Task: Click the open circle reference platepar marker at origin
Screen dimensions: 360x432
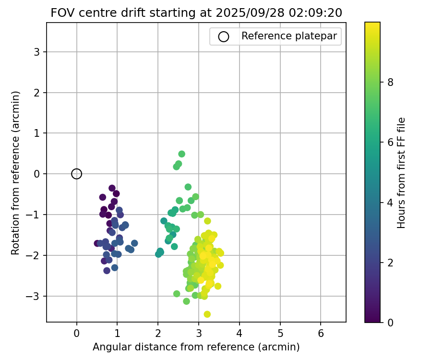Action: [x=77, y=174]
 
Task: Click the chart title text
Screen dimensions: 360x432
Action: [x=196, y=13]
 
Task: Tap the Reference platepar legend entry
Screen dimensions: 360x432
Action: [x=275, y=36]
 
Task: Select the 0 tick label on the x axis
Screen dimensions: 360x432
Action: [x=77, y=333]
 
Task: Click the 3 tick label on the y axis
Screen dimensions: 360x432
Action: [x=36, y=52]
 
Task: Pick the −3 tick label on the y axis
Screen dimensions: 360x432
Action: [x=34, y=296]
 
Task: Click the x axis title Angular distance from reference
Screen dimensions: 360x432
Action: [x=196, y=347]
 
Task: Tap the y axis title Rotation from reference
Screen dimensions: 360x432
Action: [x=16, y=173]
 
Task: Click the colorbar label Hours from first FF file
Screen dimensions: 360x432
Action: [x=402, y=173]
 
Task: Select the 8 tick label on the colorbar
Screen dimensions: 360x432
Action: [x=390, y=82]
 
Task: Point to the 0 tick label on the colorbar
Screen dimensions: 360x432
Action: [x=390, y=322]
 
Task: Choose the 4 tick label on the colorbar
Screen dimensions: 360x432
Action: [x=390, y=202]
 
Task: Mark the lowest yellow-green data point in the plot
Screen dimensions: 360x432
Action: [x=207, y=314]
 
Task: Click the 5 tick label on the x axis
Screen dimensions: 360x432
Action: [x=280, y=333]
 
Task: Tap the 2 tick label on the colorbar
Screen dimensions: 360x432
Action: [x=390, y=262]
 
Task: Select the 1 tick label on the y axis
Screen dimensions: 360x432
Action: [x=36, y=133]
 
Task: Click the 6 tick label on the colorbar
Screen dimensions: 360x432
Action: [x=390, y=142]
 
